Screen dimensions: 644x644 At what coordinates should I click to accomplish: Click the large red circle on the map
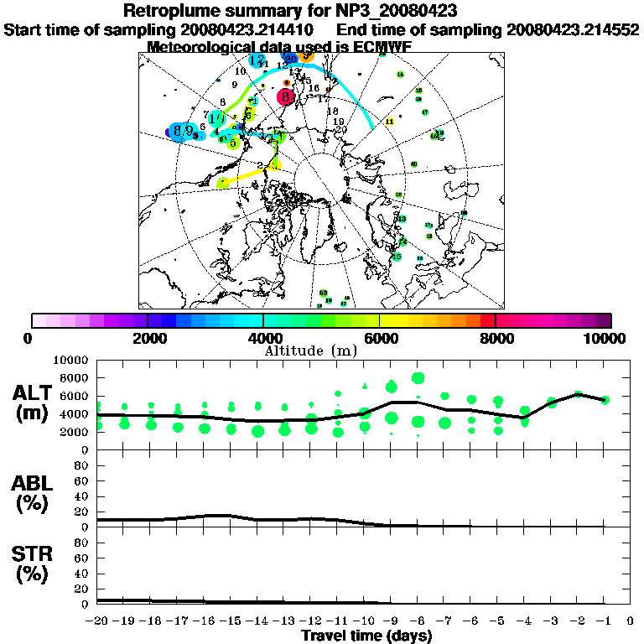click(287, 97)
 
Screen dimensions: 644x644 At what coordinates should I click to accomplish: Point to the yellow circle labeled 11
click(389, 122)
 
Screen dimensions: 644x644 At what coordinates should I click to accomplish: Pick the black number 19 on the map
click(339, 122)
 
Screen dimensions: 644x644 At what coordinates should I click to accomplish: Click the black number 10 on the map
click(241, 72)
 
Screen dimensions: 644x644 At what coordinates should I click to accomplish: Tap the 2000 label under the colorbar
click(148, 338)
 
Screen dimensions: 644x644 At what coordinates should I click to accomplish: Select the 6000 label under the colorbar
click(379, 338)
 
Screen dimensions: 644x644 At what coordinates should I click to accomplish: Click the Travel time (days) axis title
click(366, 636)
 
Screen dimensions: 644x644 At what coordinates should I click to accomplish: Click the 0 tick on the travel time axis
click(631, 621)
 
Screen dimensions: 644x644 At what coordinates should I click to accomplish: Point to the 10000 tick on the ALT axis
click(73, 361)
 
